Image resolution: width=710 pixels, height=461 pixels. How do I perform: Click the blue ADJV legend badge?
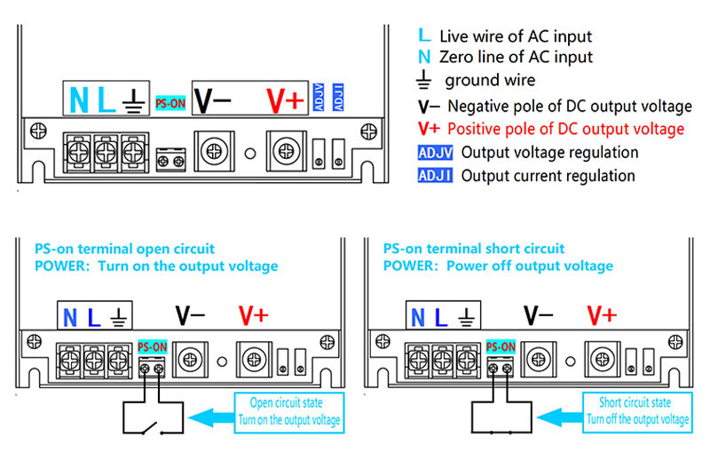[x=435, y=153]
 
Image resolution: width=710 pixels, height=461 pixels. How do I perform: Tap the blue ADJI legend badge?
[x=435, y=176]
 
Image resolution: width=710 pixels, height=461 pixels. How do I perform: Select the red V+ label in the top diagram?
[x=286, y=100]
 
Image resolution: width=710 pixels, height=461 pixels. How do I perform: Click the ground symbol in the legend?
[x=424, y=82]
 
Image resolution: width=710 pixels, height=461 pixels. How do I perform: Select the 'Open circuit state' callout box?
[x=288, y=411]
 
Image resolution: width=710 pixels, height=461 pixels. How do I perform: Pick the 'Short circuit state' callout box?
[x=637, y=411]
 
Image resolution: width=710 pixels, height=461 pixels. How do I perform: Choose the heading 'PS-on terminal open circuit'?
[x=124, y=249]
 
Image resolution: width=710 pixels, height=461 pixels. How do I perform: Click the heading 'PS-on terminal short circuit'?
[x=474, y=249]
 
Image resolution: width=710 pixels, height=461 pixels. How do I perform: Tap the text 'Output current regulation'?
[x=548, y=176]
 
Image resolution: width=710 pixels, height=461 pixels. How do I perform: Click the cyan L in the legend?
[x=423, y=36]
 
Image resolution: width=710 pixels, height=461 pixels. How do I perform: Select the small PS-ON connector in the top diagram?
[x=170, y=161]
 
